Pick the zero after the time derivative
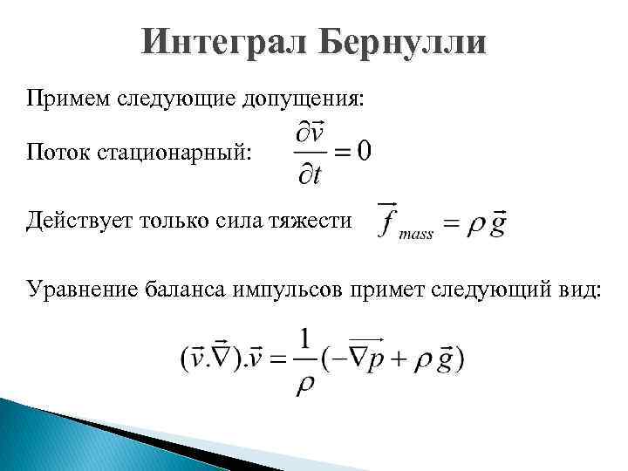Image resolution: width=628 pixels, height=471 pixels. coord(362,151)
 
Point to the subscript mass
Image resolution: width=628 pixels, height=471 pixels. coord(416,236)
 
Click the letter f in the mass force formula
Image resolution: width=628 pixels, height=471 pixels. coord(386,222)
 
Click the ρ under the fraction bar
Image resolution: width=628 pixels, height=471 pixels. coord(305,383)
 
